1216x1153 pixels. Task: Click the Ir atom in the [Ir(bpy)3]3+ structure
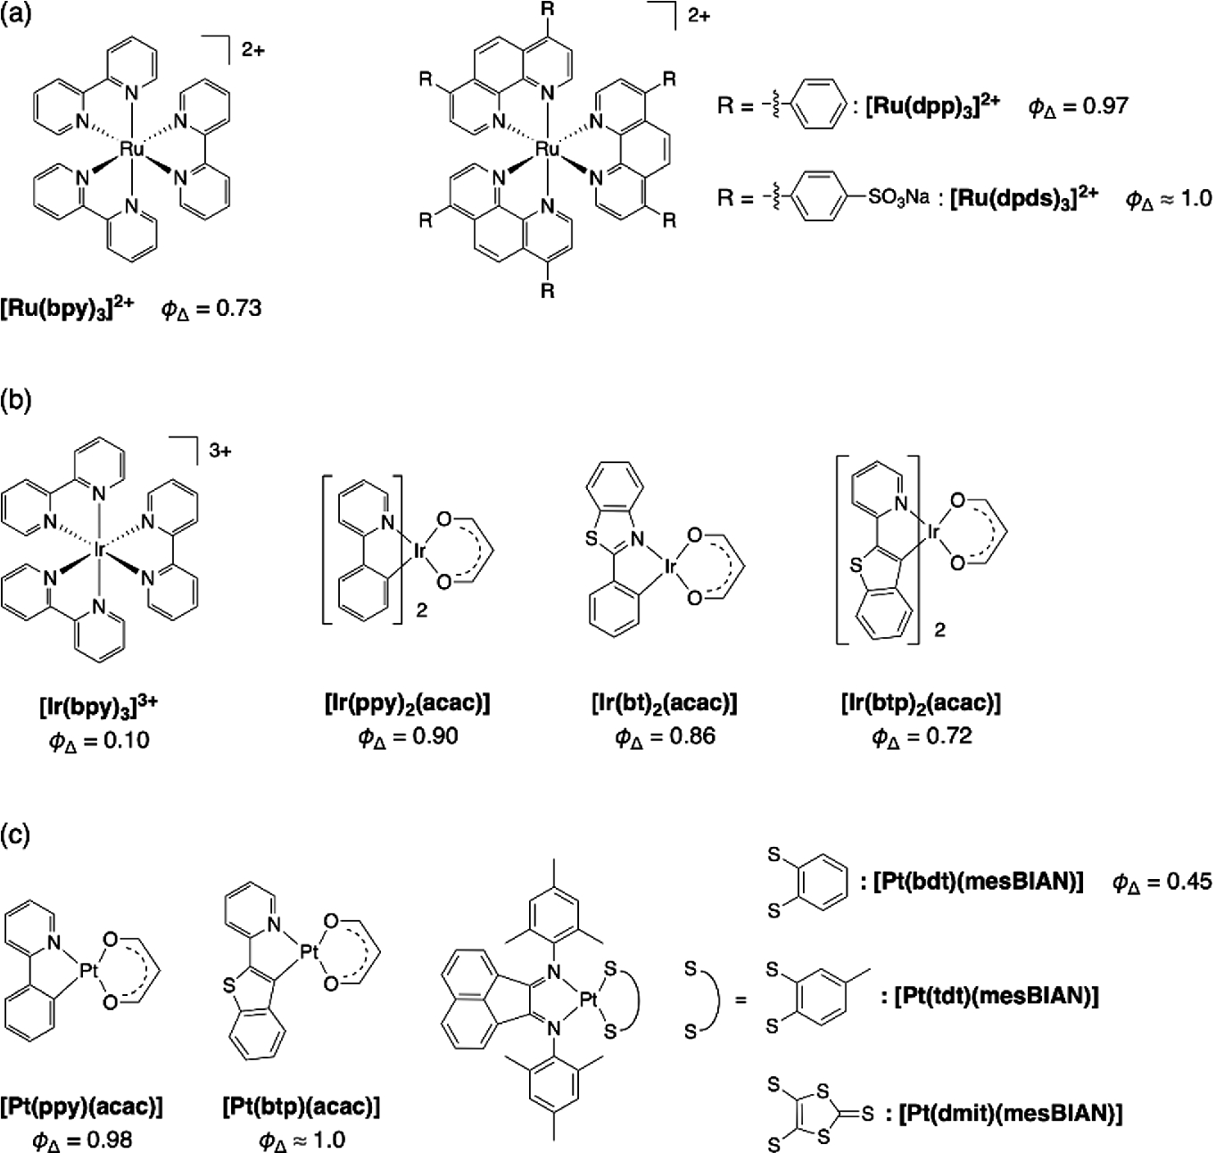(x=99, y=551)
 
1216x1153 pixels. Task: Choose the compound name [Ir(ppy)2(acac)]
(x=407, y=703)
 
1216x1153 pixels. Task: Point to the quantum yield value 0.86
(x=689, y=737)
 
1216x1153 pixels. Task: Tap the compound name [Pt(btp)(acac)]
(x=301, y=1107)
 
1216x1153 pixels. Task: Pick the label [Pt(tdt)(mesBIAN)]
(x=995, y=997)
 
